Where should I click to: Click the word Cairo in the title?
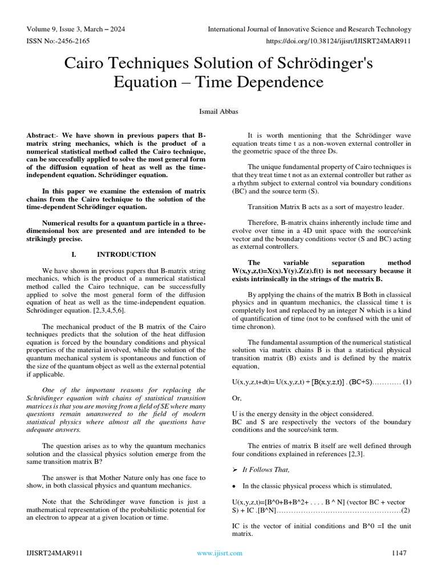(x=88, y=63)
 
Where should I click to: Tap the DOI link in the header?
(x=339, y=41)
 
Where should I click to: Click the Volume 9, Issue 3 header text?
(x=76, y=29)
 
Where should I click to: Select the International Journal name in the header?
(x=309, y=29)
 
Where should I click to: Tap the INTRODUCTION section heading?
(x=126, y=254)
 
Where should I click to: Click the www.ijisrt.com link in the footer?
(x=219, y=553)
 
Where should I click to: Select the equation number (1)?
(x=407, y=381)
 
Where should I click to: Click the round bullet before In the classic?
(x=234, y=486)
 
